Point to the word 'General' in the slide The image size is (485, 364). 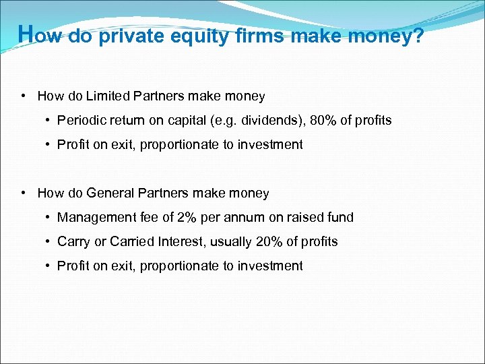point(110,193)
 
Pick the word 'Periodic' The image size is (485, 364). point(80,121)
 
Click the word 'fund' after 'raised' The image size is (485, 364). point(340,217)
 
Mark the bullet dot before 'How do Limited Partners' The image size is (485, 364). point(24,96)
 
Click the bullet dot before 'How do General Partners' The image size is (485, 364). point(24,193)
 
